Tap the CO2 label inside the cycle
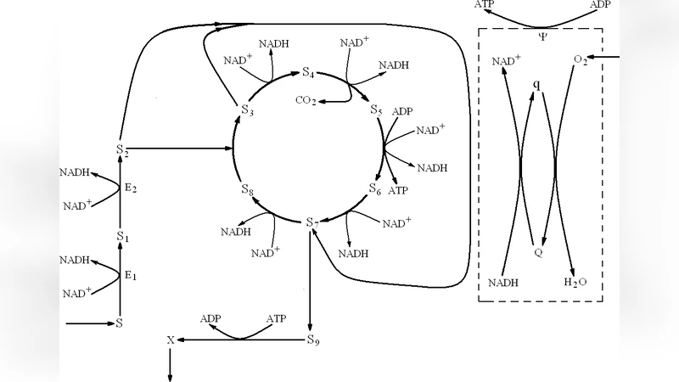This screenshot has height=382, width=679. click(306, 102)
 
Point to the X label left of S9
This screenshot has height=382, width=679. click(171, 340)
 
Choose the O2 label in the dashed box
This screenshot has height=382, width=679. click(581, 60)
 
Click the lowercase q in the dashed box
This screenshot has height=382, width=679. click(536, 85)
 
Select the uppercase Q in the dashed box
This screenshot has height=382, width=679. click(537, 252)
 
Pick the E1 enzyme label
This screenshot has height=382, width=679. click(131, 276)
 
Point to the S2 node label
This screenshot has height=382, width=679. click(121, 150)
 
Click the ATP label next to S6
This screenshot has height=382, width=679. click(398, 191)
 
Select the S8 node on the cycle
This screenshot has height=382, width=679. click(247, 190)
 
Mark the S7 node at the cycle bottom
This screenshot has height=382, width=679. click(311, 222)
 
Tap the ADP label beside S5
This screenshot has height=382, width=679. click(403, 111)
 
